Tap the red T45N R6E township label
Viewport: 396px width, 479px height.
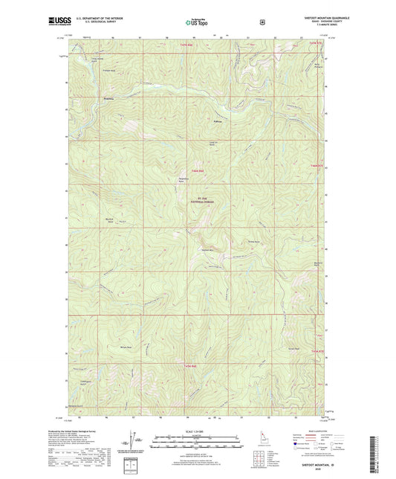pyautogui.click(x=197, y=172)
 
